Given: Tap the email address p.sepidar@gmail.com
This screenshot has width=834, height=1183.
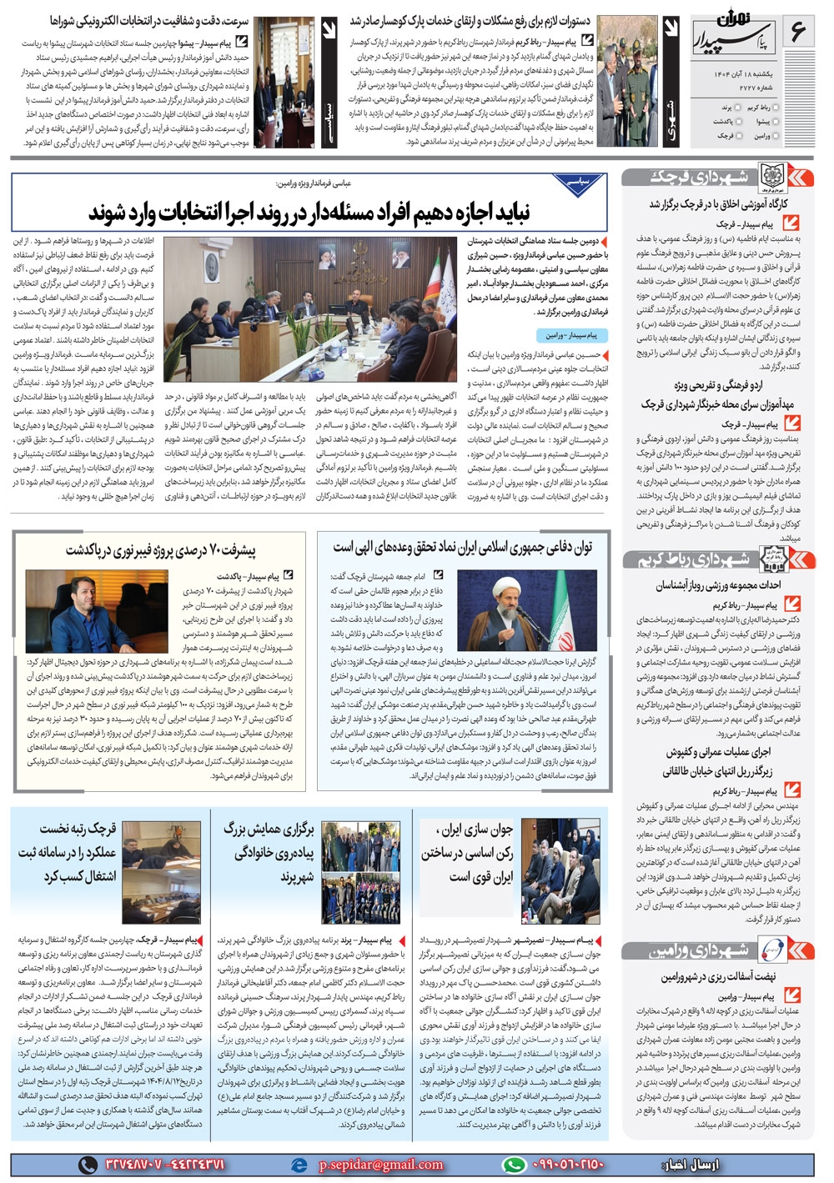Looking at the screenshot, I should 380,1165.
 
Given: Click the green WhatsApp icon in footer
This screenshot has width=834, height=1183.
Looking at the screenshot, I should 514,1165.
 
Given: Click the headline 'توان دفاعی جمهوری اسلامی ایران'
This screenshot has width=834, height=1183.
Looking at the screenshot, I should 463,548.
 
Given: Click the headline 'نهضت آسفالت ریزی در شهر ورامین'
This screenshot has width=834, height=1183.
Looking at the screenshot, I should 718,977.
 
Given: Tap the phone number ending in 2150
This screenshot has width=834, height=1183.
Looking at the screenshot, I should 566,1165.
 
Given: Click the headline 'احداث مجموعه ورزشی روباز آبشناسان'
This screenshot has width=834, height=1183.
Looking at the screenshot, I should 718,585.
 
